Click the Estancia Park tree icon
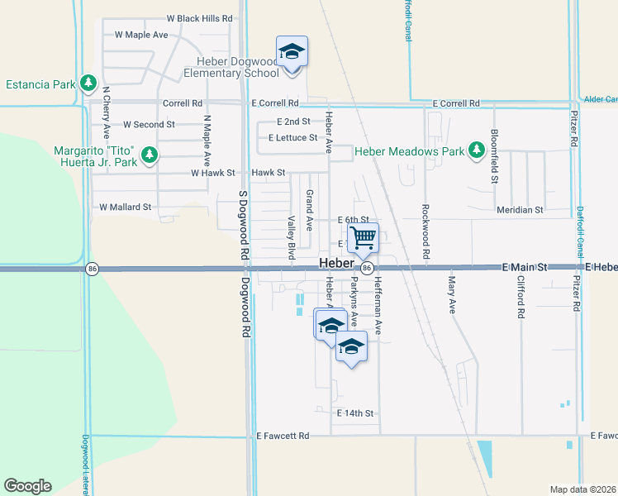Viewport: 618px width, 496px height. coord(88,83)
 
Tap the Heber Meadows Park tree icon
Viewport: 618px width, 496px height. coord(476,150)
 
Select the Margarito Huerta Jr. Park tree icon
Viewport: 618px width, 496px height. coord(149,155)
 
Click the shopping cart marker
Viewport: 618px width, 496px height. coord(363,239)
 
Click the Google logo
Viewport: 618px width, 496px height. coord(27,486)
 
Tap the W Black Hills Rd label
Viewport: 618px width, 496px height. coord(199,17)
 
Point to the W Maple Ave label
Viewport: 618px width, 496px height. coord(141,35)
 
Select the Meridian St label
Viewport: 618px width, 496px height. coord(520,210)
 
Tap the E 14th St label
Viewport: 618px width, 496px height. coord(355,413)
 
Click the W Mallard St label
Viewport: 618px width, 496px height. coord(126,207)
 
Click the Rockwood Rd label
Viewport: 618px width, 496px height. coord(425,232)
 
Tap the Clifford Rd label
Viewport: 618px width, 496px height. coord(521,298)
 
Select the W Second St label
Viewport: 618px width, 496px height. coord(149,124)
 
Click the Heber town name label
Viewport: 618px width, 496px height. coord(336,263)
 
